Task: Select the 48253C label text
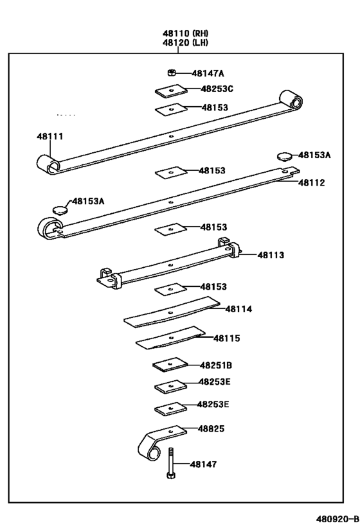pyautogui.click(x=217, y=89)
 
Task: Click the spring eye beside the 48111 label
pyautogui.click(x=49, y=164)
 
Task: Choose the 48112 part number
pyautogui.click(x=311, y=183)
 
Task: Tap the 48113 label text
pyautogui.click(x=271, y=255)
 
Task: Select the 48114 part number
pyautogui.click(x=239, y=309)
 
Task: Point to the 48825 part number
pyautogui.click(x=212, y=428)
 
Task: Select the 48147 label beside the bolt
pyautogui.click(x=203, y=464)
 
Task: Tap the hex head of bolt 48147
pyautogui.click(x=171, y=476)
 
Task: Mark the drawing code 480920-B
pyautogui.click(x=336, y=518)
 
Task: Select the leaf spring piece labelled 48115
pyautogui.click(x=170, y=338)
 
